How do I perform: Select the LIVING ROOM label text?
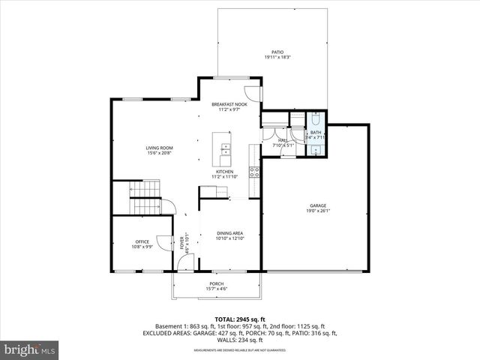coord(160,148)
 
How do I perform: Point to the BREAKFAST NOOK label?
coord(229,103)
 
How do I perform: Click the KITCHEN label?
coord(225,172)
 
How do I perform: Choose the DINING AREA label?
coord(229,233)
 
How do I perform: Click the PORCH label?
coord(217,284)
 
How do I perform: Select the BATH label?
coord(315,133)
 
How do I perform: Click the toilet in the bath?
coord(316,119)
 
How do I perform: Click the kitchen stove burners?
coord(255,174)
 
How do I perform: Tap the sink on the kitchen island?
coord(225,154)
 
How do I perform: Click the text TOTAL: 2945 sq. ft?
coord(240,319)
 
